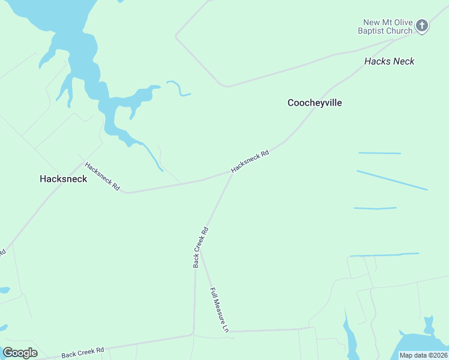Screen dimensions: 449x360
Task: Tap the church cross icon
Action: click(422, 26)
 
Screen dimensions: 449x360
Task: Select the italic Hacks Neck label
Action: click(389, 61)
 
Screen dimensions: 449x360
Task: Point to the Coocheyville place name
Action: click(315, 103)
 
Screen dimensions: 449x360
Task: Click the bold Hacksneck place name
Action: click(63, 179)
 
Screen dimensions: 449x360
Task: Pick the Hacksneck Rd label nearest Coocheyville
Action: click(250, 161)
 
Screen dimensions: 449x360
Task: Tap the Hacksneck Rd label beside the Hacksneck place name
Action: click(102, 176)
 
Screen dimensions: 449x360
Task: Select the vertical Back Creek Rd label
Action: click(200, 247)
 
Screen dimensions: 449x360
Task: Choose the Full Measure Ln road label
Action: click(219, 310)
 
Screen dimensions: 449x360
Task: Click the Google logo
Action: click(20, 353)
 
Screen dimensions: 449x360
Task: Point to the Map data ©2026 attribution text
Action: click(423, 355)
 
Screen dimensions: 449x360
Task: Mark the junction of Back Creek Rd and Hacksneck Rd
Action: click(231, 173)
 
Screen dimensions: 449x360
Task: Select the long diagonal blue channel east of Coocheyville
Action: click(392, 180)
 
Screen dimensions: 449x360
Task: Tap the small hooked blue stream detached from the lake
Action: click(179, 88)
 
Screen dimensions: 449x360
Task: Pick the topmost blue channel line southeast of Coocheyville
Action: click(379, 153)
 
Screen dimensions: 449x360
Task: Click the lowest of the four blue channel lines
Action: click(384, 255)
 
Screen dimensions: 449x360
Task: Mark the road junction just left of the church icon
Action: click(393, 40)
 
